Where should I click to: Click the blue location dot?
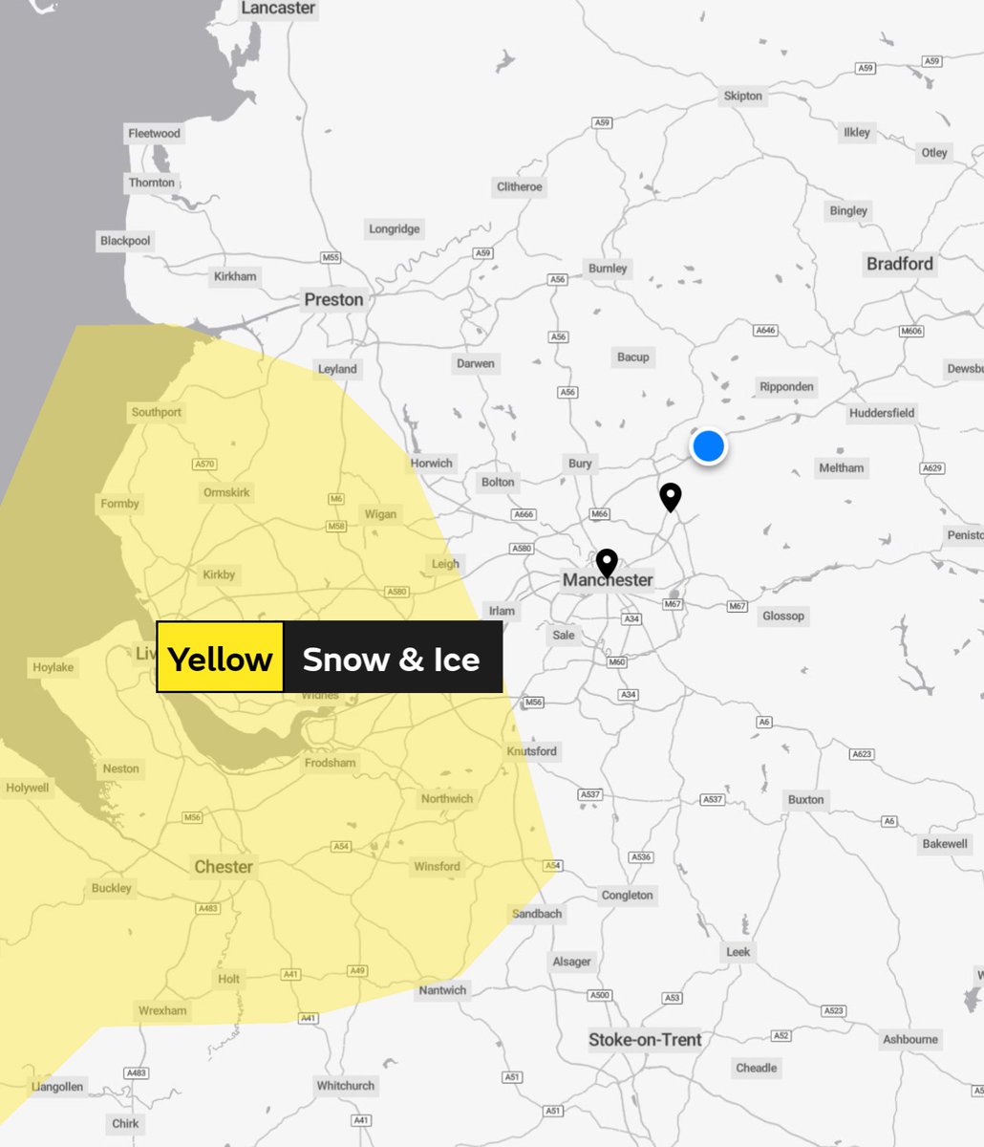[708, 446]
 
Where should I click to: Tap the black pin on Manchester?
[607, 562]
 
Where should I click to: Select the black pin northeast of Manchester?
[671, 496]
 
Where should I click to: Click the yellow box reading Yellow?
[220, 658]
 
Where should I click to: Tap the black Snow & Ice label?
[392, 658]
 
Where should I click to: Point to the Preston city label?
[333, 299]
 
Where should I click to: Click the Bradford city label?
[899, 264]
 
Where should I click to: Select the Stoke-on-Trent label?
[645, 1039]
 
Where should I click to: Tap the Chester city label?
[224, 867]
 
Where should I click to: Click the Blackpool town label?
[125, 241]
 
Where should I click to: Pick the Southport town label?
[156, 412]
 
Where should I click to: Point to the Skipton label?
[742, 96]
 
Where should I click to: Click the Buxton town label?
[805, 799]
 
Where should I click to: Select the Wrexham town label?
[162, 1010]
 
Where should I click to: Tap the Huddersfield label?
[881, 413]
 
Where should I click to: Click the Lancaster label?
[277, 9]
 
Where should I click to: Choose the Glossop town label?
[782, 616]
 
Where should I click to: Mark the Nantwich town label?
[442, 990]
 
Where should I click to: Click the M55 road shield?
[331, 258]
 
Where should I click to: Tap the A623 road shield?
[861, 755]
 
